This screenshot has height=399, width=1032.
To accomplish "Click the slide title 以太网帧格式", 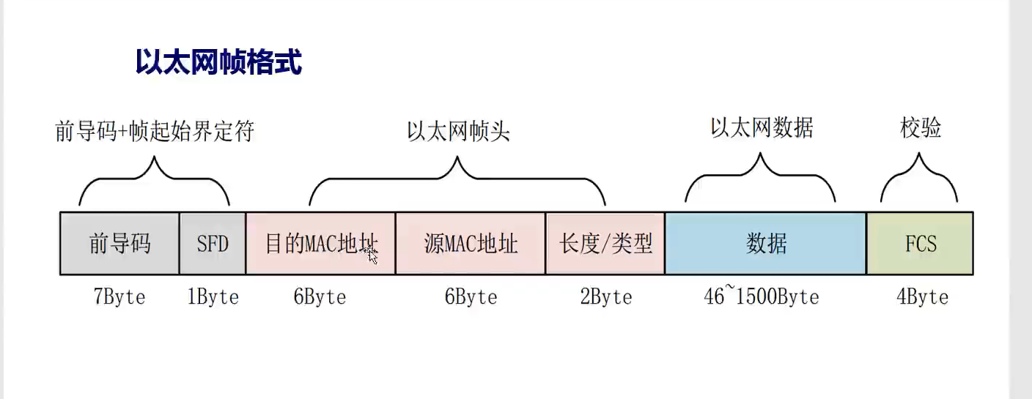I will (218, 62).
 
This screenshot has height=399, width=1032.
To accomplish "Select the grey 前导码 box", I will (119, 243).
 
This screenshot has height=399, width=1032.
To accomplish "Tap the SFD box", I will (213, 243).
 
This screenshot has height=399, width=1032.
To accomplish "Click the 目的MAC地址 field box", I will (320, 243).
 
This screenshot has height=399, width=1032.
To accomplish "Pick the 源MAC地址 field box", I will (471, 243).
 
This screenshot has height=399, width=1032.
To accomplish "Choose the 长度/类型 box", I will (605, 243).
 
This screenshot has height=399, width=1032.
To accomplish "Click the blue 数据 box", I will (766, 243).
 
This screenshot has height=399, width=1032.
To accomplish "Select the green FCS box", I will (920, 243).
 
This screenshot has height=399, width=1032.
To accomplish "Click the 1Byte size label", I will (213, 297).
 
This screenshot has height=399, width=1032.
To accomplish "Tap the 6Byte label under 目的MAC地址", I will (320, 297).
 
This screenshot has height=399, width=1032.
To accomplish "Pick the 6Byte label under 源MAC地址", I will (471, 297).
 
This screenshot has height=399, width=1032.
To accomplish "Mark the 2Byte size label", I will (605, 297).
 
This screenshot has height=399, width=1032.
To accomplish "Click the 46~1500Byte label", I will (761, 297).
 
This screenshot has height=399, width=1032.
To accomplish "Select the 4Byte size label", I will (921, 297).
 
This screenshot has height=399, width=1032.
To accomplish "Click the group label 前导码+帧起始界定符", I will (154, 133).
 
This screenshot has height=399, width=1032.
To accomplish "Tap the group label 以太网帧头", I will (458, 132).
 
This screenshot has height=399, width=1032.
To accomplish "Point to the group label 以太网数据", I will (762, 128).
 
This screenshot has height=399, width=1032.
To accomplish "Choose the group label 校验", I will (921, 128).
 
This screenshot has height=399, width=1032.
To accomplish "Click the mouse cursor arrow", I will (372, 256).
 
